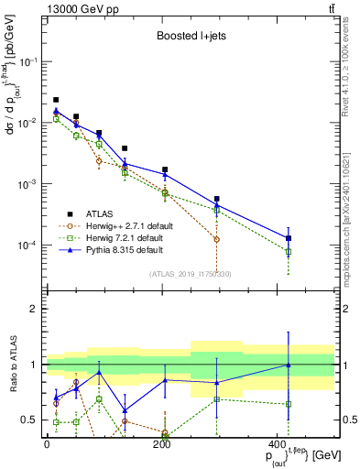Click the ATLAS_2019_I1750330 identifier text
pyautogui.click(x=191, y=273)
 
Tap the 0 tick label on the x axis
pyautogui.click(x=47, y=445)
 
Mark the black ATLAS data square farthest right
pyautogui.click(x=289, y=238)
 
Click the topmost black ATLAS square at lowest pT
pyautogui.click(x=56, y=100)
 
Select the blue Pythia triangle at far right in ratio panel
pyautogui.click(x=289, y=365)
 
